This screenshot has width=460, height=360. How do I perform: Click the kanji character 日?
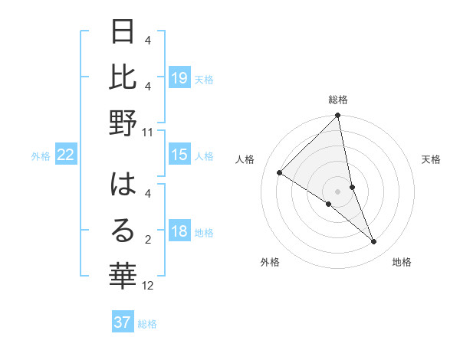pyautogui.click(x=123, y=33)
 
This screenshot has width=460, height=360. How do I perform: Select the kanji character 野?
pyautogui.click(x=123, y=123)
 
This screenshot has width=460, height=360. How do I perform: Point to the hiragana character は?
pyautogui.click(x=123, y=186)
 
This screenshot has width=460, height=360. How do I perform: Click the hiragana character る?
pyautogui.click(x=123, y=231)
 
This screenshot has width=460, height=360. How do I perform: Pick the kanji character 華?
pyautogui.click(x=123, y=273)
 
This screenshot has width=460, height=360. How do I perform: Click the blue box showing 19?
pyautogui.click(x=179, y=77)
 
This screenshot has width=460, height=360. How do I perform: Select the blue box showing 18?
pyautogui.click(x=179, y=232)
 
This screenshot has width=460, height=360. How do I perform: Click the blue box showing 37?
pyautogui.click(x=123, y=322)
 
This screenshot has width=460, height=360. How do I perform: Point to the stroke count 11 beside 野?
pyautogui.click(x=148, y=132)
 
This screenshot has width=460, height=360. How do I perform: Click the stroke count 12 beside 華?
pyautogui.click(x=148, y=286)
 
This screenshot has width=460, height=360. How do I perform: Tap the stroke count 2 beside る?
pyautogui.click(x=148, y=241)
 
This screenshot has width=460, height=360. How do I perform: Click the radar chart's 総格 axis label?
pyautogui.click(x=338, y=100)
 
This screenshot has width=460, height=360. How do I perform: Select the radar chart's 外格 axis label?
pyautogui.click(x=270, y=262)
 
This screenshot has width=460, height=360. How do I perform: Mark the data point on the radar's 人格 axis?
pyautogui.click(x=280, y=173)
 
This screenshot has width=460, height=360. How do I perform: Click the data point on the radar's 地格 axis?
pyautogui.click(x=374, y=241)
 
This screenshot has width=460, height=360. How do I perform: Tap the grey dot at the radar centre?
pyautogui.click(x=338, y=191)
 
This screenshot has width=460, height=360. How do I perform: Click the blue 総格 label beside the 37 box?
pyautogui.click(x=147, y=323)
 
